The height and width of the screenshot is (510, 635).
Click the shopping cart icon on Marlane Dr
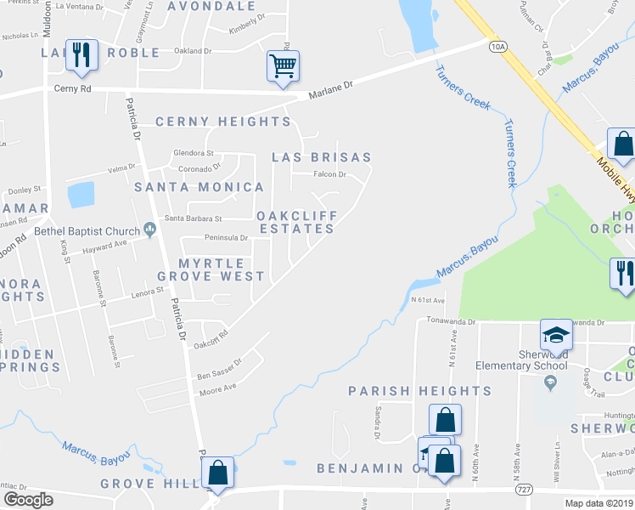tap(282, 65)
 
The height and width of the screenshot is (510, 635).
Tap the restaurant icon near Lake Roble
tap(81, 55)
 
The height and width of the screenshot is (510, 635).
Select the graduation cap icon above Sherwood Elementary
tap(556, 335)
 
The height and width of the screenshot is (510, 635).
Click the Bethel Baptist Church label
tap(87, 229)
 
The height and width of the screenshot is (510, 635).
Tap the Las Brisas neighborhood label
tap(321, 157)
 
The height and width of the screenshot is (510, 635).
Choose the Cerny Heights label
tap(222, 122)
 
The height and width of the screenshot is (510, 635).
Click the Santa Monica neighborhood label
tap(199, 186)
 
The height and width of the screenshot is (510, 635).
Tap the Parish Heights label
tap(420, 391)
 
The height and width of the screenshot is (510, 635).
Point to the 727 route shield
tap(523, 490)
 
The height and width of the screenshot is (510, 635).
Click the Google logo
tap(28, 500)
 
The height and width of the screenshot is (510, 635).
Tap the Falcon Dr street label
tap(330, 174)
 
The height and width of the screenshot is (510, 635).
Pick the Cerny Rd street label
tap(71, 88)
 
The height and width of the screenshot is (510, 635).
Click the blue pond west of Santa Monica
tap(81, 195)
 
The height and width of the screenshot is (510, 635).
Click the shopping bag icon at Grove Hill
tap(217, 473)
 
